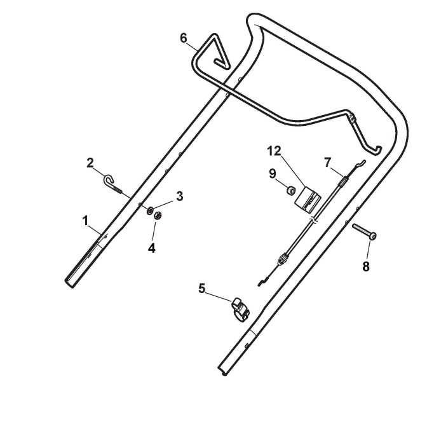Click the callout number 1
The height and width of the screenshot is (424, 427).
tap(85, 220)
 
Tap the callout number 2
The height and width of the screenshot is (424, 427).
tap(90, 162)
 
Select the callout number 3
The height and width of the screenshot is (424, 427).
tap(180, 196)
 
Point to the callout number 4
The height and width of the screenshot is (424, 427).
tap(151, 248)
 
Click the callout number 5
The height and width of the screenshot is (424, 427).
tap(201, 288)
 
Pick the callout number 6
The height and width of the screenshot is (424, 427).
tap(184, 38)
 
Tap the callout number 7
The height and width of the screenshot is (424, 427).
tap(328, 162)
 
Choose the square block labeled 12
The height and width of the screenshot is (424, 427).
tap(308, 199)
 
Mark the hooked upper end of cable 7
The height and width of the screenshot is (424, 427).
tap(358, 165)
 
